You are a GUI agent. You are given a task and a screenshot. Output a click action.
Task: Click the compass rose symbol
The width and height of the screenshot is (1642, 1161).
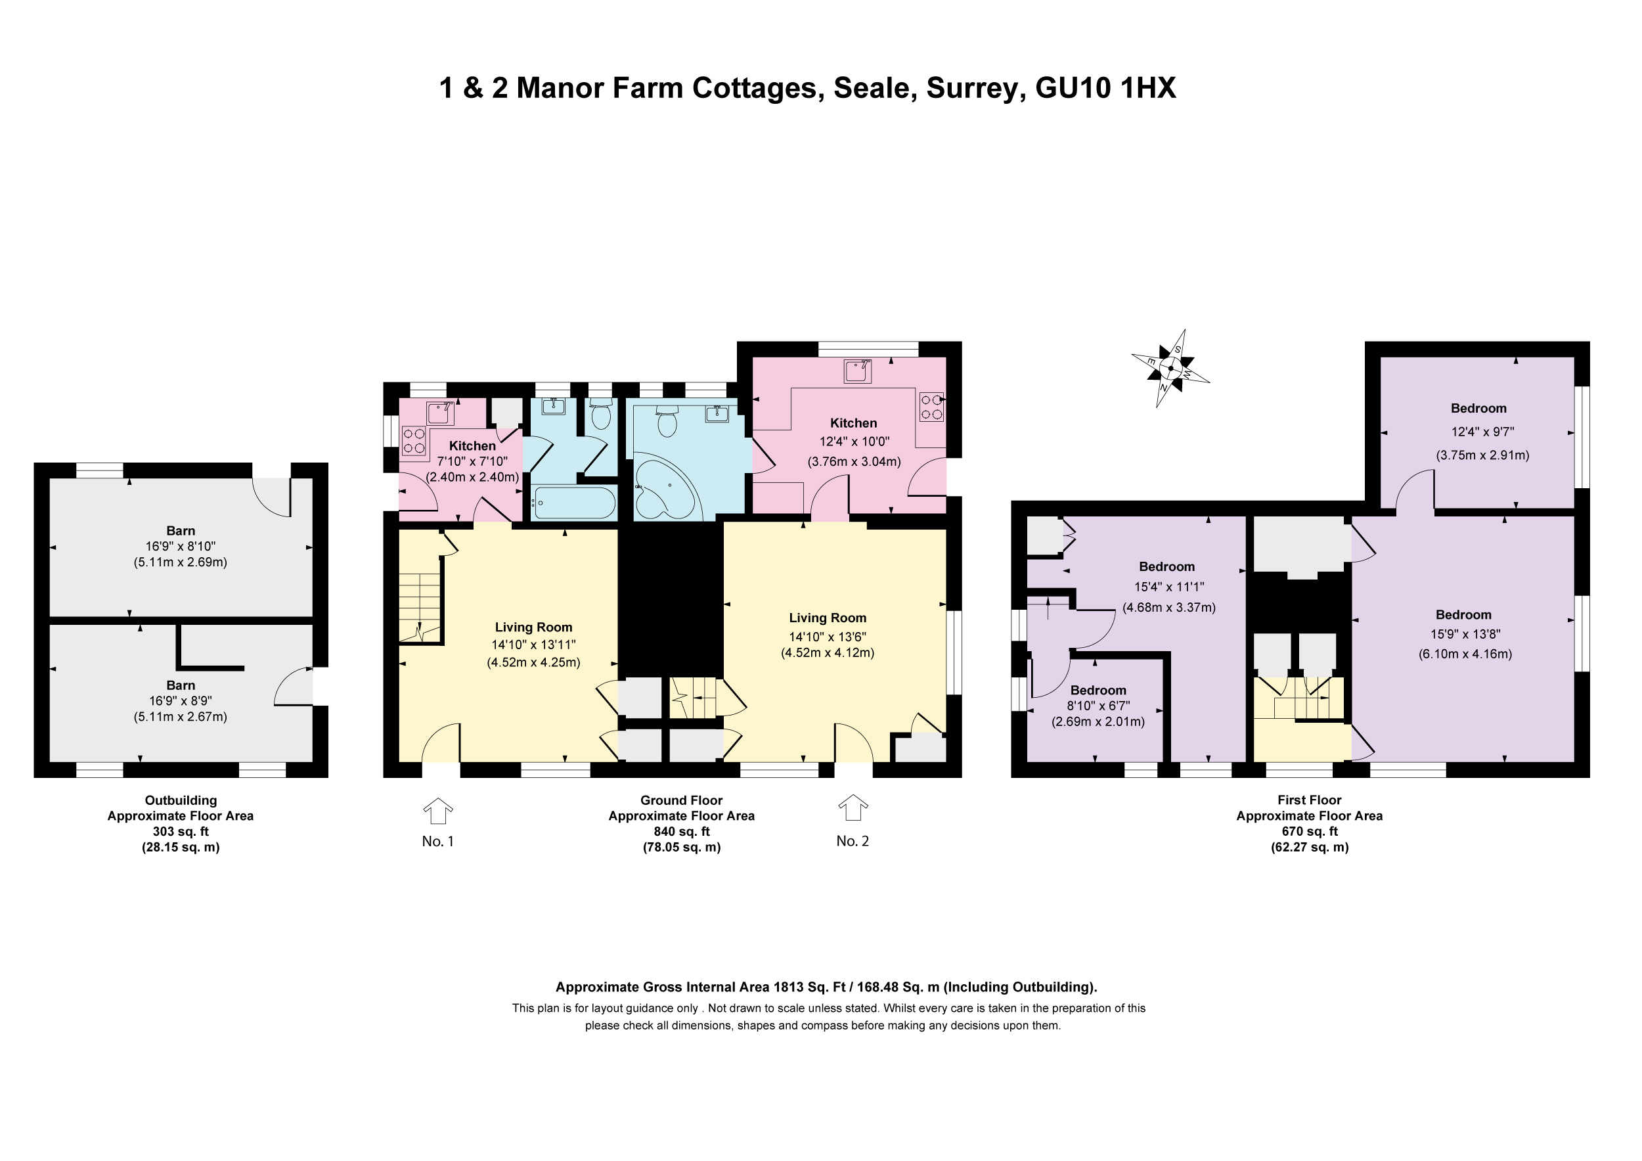click(1170, 369)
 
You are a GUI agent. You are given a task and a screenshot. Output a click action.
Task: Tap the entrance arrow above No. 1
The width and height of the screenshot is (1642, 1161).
click(437, 811)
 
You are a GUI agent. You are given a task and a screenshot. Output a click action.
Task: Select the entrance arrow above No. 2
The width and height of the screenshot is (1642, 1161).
click(853, 808)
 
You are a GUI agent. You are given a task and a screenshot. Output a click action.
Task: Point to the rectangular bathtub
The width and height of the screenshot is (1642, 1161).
click(574, 502)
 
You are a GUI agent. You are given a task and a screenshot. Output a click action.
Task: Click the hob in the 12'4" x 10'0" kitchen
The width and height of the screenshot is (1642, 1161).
click(932, 407)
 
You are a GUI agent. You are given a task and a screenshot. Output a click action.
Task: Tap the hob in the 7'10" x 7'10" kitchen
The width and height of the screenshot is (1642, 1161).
click(414, 440)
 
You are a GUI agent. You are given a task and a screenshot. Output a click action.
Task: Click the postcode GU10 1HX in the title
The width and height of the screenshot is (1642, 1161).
click(1105, 88)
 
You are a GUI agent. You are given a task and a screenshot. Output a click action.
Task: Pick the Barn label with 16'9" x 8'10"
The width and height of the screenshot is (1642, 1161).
click(180, 531)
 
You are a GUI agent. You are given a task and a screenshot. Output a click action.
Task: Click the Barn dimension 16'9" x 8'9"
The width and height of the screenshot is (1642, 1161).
click(180, 701)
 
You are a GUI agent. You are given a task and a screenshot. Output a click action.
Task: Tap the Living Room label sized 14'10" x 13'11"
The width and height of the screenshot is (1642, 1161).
click(533, 627)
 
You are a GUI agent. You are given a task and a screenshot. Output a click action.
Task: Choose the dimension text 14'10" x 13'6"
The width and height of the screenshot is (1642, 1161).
click(828, 637)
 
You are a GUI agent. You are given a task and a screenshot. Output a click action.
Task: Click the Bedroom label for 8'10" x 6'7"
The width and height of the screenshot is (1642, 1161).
click(1098, 691)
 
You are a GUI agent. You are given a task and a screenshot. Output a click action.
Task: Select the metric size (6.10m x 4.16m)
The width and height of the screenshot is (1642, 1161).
click(1465, 654)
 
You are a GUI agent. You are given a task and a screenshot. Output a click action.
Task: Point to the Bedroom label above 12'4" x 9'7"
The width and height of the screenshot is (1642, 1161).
click(1478, 409)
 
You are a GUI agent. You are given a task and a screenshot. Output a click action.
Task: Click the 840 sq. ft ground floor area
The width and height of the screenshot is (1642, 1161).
click(682, 831)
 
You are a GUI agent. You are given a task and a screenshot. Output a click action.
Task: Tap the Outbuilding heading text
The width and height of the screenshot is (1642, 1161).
click(181, 800)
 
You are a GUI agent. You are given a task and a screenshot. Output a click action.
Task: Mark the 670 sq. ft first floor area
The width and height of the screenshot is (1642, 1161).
click(1310, 831)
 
